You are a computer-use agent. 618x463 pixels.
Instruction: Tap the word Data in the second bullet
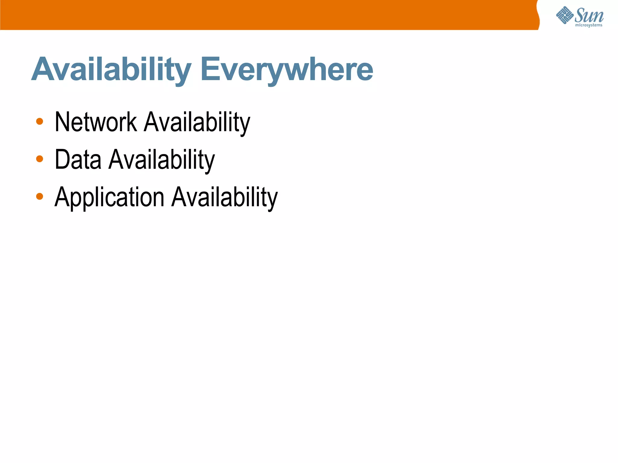tap(78, 159)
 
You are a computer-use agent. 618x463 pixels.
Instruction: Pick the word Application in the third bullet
tap(109, 197)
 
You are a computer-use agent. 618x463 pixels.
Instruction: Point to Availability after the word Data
tap(161, 159)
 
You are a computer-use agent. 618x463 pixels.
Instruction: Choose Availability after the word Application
tap(225, 197)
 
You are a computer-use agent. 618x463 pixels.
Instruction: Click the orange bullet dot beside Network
tap(40, 121)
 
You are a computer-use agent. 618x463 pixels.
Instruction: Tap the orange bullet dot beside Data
tap(40, 159)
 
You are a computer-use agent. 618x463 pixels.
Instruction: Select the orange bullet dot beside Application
tap(40, 197)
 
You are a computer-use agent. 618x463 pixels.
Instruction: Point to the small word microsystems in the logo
tap(589, 25)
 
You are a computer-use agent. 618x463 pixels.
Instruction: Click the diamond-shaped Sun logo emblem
tap(565, 15)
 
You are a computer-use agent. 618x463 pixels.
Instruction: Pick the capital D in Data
tap(62, 159)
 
